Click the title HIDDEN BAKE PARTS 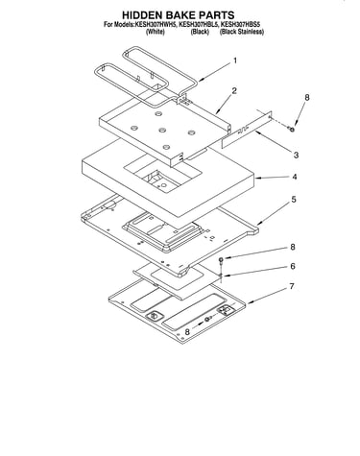[178, 15]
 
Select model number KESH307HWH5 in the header [156, 25]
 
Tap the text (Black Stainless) [242, 32]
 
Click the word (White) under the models [156, 32]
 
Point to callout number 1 [235, 60]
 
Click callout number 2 [234, 91]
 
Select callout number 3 [296, 155]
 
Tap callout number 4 [295, 177]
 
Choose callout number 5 [294, 200]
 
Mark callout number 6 [293, 266]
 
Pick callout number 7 [292, 286]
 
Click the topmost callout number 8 [307, 98]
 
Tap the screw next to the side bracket [292, 129]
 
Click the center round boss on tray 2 [162, 131]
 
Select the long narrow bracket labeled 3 [247, 130]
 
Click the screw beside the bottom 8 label [208, 319]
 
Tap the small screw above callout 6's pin [221, 259]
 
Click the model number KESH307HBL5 [198, 25]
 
